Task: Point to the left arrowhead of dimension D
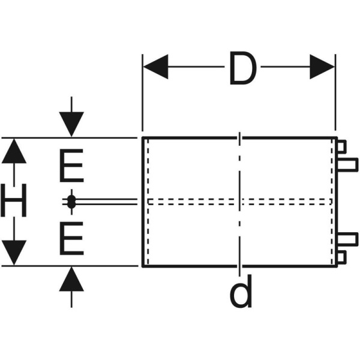point(155,67)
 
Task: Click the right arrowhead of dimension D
point(322,67)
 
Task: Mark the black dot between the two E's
point(71,202)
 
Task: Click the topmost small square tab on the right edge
point(340,146)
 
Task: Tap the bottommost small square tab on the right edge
point(340,257)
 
